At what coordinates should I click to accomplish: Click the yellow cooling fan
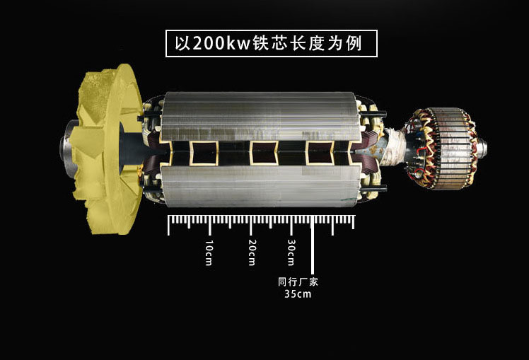pos(108,149)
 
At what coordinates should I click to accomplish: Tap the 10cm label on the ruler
pos(209,252)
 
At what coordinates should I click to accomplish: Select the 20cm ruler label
pos(252,252)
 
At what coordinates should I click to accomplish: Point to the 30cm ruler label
pos(291,252)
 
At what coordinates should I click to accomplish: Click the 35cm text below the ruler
pos(298,294)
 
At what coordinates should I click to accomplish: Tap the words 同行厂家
pos(298,281)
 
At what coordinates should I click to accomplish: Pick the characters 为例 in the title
pos(344,43)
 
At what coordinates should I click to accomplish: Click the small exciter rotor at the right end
pos(442,149)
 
